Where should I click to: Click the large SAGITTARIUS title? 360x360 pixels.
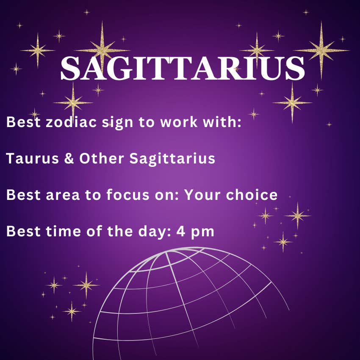point(183,68)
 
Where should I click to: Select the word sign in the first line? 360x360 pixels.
point(118,122)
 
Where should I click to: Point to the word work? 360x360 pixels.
point(179,122)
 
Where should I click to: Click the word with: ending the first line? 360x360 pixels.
point(222,122)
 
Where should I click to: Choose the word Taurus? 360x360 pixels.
point(33,158)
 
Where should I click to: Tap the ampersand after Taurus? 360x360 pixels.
point(69,158)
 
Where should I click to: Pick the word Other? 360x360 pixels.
point(102,158)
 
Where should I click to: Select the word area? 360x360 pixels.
point(63,195)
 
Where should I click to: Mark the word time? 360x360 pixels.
point(64,231)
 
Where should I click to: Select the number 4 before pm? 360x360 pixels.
point(181,231)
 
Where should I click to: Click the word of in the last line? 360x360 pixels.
point(94,231)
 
